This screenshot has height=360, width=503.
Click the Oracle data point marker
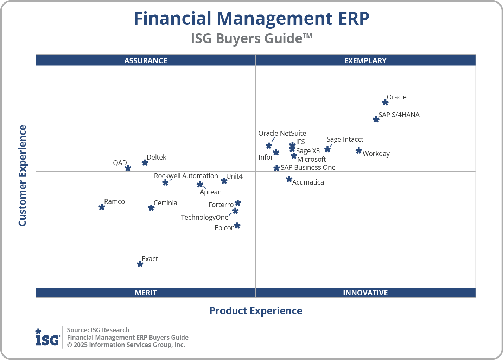(385, 103)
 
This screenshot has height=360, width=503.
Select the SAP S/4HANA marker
(376, 120)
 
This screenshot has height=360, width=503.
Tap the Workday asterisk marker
(358, 151)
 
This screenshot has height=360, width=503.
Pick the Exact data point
(140, 264)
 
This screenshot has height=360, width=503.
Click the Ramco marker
(102, 207)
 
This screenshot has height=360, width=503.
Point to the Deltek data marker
(145, 162)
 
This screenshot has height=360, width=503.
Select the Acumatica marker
(289, 179)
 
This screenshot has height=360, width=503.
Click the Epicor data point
(237, 225)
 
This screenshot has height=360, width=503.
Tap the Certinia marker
(151, 208)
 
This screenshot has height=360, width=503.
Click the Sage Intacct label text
(345, 140)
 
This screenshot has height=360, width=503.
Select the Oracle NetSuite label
(282, 134)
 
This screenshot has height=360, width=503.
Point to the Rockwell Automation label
(186, 176)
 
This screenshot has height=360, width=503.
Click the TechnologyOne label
(204, 217)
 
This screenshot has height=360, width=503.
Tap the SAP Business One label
(308, 167)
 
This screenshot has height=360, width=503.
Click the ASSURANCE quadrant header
(146, 60)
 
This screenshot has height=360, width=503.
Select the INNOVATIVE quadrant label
(365, 292)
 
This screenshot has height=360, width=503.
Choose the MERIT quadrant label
(146, 292)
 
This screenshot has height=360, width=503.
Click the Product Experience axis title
(256, 311)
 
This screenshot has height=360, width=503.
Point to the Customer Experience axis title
(23, 176)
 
